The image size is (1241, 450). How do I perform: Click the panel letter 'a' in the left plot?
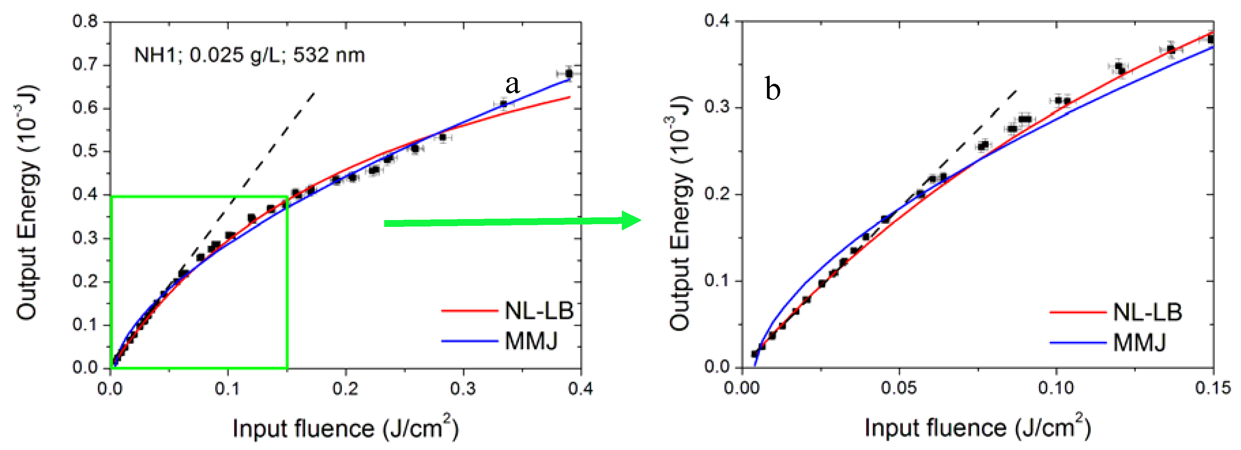tap(513, 85)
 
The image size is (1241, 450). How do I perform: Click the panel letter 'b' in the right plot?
tap(773, 90)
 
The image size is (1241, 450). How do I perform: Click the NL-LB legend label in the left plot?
tap(539, 311)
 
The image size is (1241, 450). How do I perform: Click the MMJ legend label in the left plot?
tap(531, 341)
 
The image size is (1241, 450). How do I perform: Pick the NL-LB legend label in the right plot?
tap(1148, 313)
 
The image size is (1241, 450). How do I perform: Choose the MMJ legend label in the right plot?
tap(1140, 343)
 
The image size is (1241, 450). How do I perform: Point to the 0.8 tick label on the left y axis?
tap(85, 21)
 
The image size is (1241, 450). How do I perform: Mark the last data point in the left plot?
tap(569, 74)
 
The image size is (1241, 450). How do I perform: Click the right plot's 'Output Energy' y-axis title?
tap(680, 212)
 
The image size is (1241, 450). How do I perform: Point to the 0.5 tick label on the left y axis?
tap(85, 151)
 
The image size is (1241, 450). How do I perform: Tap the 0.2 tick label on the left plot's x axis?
tap(345, 388)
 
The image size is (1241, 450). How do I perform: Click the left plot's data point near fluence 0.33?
tap(503, 104)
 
